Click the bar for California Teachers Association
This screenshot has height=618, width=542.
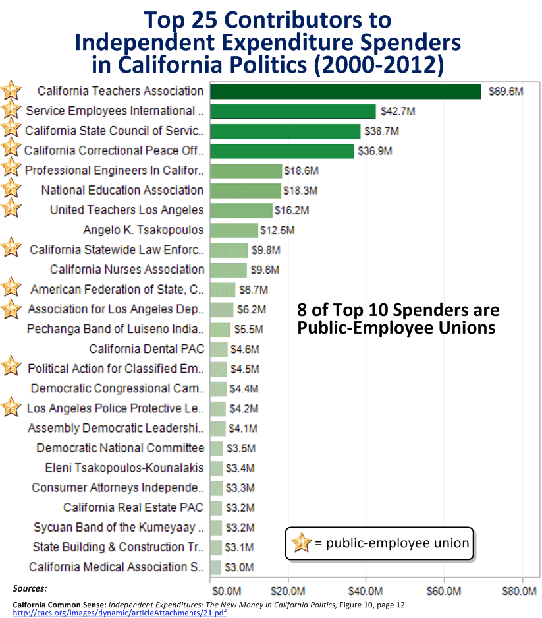point(345,92)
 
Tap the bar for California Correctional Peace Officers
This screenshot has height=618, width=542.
point(282,151)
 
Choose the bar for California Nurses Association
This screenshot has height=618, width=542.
point(229,270)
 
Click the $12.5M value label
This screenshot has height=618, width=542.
point(277,230)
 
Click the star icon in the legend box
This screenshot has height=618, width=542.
point(300,543)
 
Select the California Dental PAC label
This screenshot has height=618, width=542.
point(147,349)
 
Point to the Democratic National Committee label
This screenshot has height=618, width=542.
point(120,448)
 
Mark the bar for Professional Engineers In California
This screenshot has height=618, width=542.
point(246,171)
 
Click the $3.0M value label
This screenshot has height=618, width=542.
point(239,567)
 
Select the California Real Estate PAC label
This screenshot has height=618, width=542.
point(134,507)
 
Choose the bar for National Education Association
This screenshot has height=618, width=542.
point(245,191)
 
